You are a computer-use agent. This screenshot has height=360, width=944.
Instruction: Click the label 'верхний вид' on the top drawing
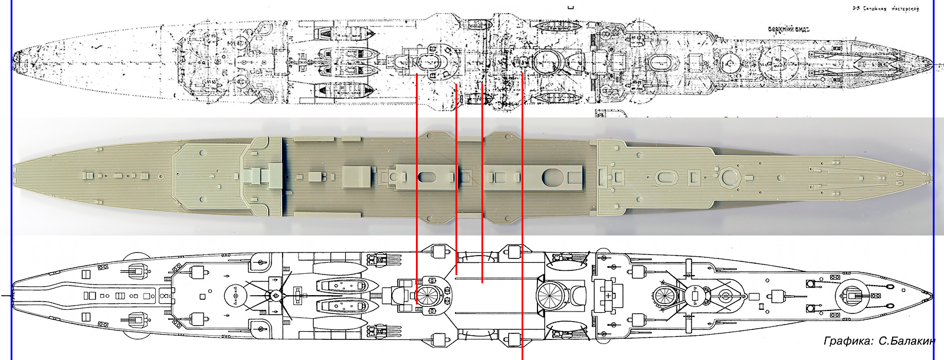[788, 29]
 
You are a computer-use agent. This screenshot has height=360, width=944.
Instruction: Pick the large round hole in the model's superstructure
[552, 175]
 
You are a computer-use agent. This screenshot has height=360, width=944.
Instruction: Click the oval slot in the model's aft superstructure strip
[425, 176]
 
